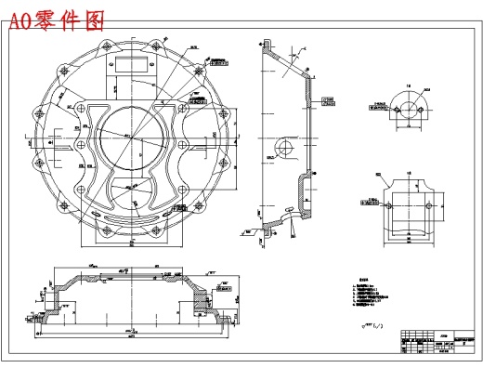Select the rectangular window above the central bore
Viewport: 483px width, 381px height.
[x=133, y=63]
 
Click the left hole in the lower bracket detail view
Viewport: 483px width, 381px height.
[x=389, y=203]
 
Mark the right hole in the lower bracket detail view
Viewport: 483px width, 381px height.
[x=430, y=203]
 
